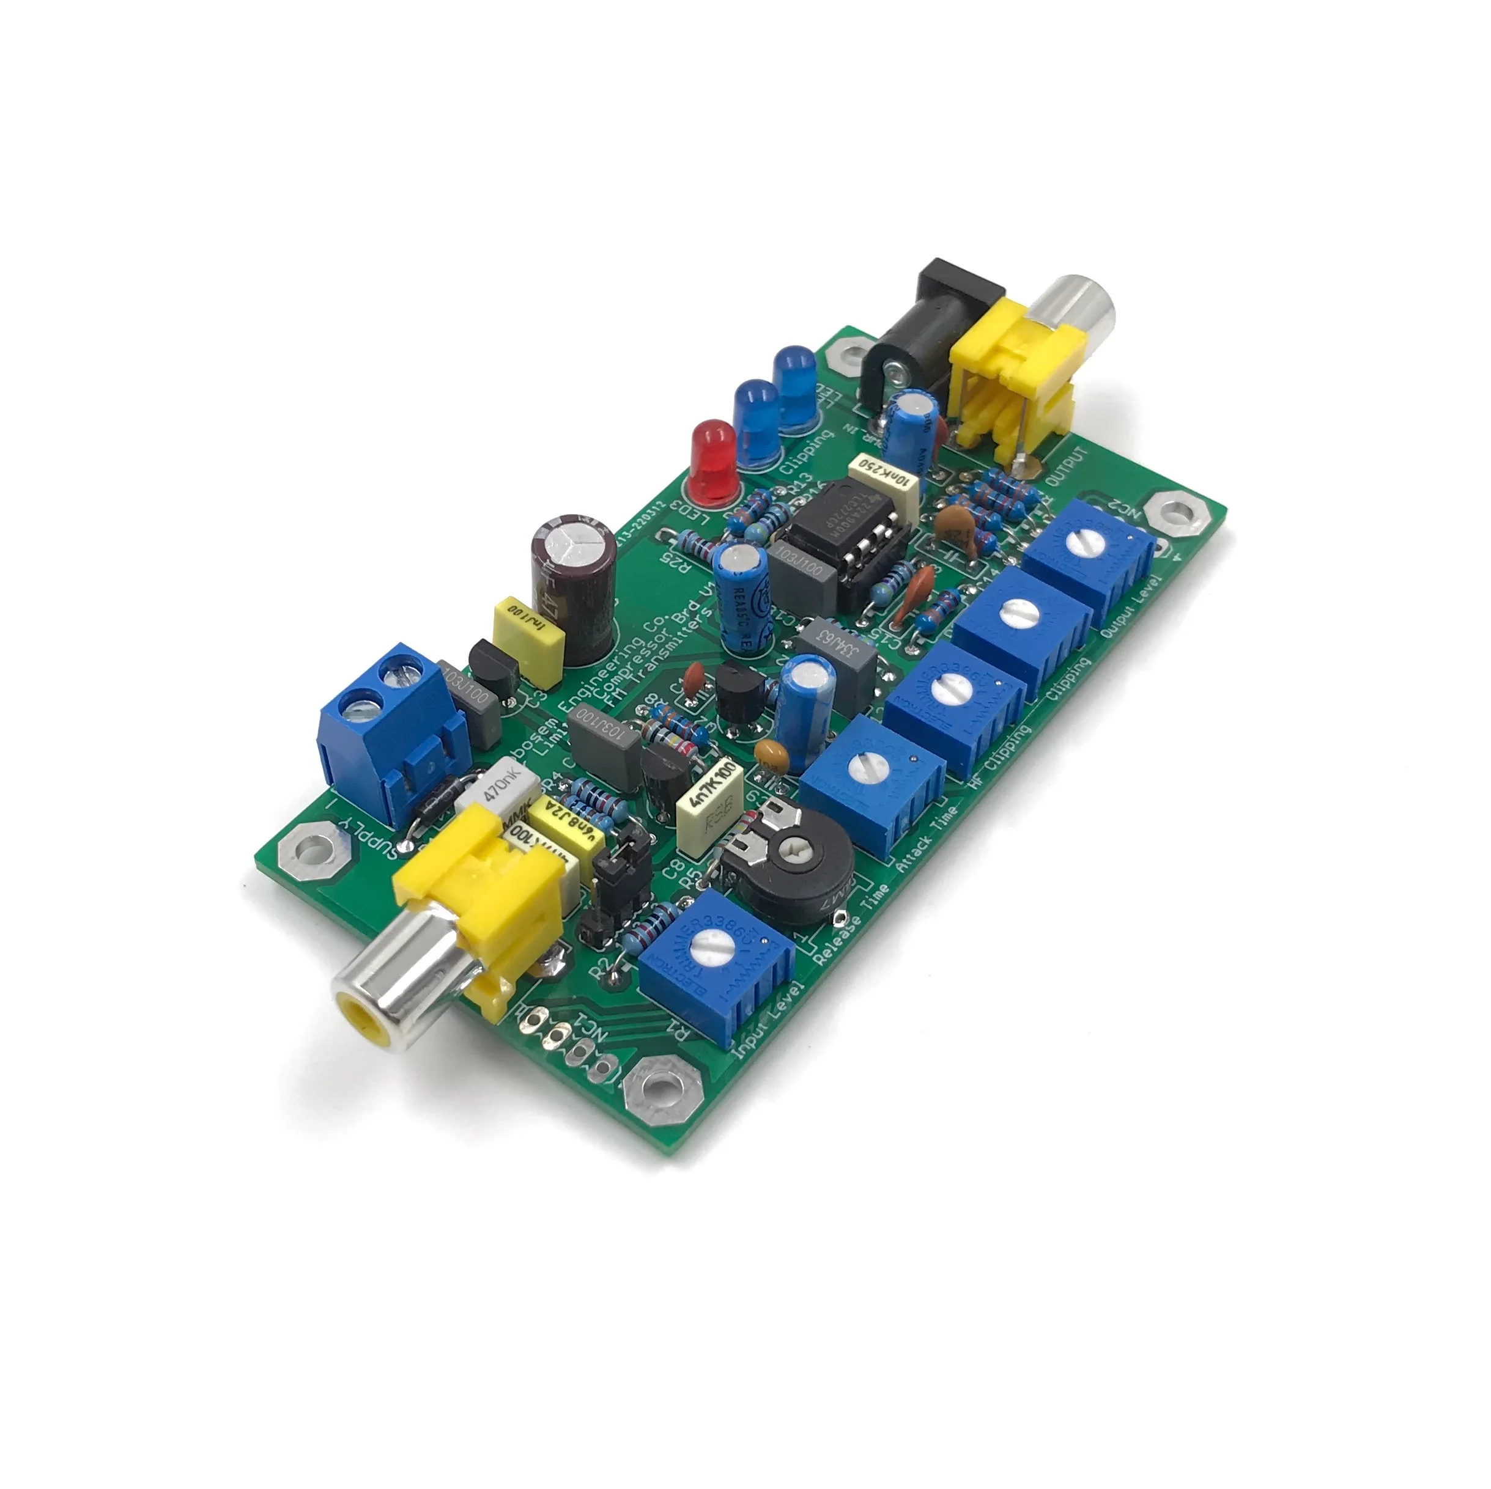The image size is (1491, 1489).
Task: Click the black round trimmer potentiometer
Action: tap(795, 856)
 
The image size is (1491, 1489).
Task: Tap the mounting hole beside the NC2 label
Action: tap(1172, 513)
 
